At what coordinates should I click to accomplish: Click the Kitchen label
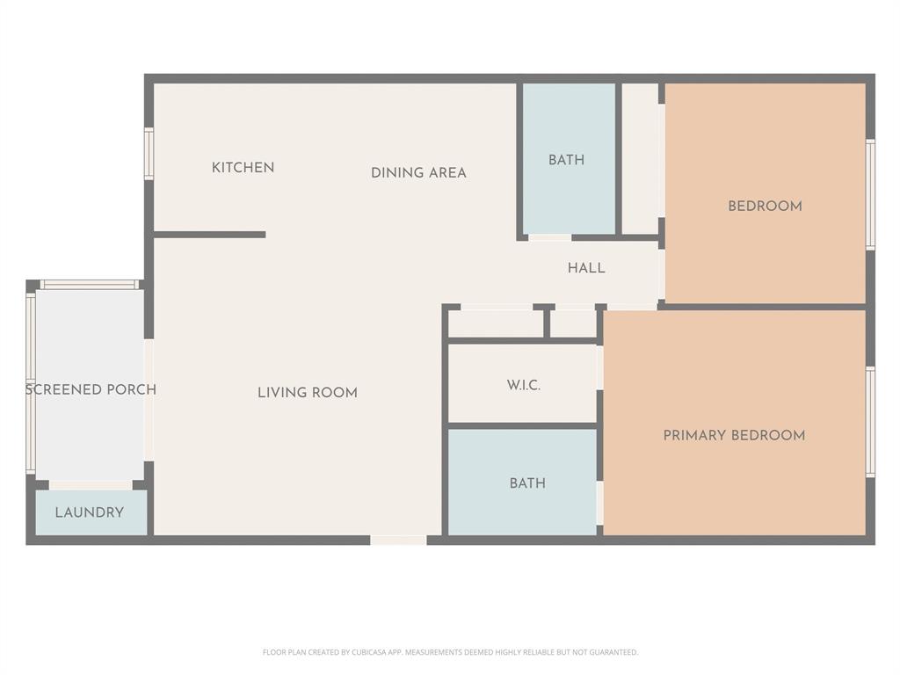pos(243,167)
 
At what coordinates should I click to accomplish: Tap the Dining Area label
pos(418,172)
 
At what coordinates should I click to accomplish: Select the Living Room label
pos(308,392)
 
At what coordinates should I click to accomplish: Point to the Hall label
pos(586,268)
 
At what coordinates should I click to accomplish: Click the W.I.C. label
pos(523,385)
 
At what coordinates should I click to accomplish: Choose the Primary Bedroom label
pos(734,435)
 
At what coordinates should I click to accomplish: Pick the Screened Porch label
pos(91,389)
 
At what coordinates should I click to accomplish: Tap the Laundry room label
pos(90,512)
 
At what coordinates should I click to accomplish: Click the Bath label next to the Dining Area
pos(566,160)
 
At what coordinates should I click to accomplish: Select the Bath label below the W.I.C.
pos(527,483)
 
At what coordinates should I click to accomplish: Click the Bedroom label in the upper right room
pos(765,206)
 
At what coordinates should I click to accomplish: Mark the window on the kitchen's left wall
pos(149,154)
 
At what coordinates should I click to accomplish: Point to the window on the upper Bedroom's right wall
pos(870,194)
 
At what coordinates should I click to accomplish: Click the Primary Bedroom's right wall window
pos(870,422)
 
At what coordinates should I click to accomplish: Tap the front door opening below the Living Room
pos(398,540)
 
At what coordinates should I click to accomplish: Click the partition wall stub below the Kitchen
pos(209,235)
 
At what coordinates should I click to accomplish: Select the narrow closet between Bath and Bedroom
pos(640,158)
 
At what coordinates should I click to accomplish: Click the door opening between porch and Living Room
pos(149,400)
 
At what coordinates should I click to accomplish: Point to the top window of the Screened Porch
pos(89,284)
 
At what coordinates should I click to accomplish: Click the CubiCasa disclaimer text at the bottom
pos(450,652)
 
